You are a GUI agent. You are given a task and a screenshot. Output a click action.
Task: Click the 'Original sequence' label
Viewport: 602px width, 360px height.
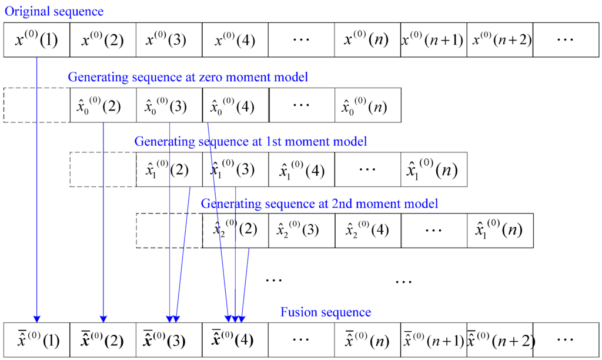point(54,11)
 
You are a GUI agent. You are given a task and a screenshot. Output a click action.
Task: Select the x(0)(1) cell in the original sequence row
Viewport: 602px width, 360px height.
point(36,40)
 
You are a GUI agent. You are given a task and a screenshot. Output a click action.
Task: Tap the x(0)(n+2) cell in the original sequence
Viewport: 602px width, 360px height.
point(500,40)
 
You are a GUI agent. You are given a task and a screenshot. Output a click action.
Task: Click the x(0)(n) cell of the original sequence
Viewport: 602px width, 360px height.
point(367,40)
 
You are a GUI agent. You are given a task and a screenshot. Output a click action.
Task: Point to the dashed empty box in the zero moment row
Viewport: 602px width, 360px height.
point(36,105)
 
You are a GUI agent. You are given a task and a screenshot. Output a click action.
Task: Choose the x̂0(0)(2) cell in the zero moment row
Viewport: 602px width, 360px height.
point(103,105)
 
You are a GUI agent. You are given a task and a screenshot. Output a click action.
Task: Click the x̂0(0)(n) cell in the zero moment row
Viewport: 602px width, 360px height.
point(367,105)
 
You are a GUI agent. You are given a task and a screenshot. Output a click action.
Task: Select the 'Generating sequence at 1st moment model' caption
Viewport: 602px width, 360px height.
point(250,141)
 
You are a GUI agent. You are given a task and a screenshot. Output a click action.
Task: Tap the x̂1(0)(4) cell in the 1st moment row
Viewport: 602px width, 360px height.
point(302,170)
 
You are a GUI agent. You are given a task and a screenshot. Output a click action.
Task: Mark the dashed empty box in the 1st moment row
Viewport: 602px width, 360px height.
point(103,170)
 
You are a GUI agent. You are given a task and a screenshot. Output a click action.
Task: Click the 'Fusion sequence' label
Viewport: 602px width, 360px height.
point(326,312)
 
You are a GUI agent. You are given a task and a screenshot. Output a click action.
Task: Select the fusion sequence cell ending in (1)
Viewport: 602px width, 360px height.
point(36,339)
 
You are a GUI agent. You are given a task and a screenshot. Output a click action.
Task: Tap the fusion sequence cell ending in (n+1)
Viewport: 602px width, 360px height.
point(433,339)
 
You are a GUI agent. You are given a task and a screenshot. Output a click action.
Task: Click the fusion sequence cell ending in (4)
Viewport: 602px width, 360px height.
point(235,339)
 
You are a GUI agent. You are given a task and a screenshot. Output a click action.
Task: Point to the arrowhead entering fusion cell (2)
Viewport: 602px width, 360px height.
point(103,320)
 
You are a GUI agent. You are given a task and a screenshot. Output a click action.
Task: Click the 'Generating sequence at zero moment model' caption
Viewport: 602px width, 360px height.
point(188,77)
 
